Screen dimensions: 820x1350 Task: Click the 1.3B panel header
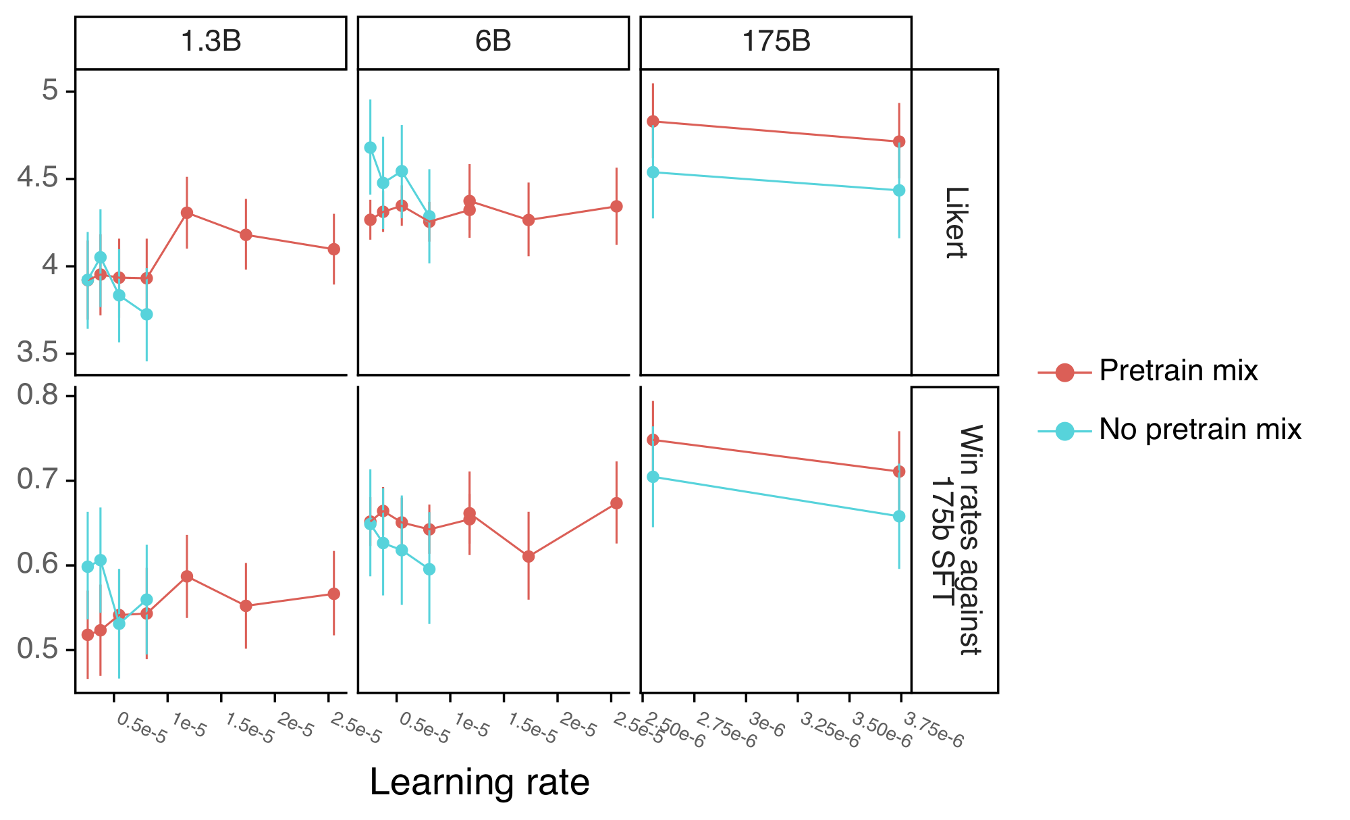pyautogui.click(x=211, y=42)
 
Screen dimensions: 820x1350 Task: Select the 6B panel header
pyautogui.click(x=493, y=42)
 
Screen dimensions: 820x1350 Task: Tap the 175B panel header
pyautogui.click(x=776, y=42)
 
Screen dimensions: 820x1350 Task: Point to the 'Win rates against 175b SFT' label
pyautogui.click(x=955, y=540)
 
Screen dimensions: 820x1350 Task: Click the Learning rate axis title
pyautogui.click(x=479, y=782)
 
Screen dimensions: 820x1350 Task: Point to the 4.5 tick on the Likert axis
pyautogui.click(x=38, y=179)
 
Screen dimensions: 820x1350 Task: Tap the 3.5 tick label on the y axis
pyautogui.click(x=38, y=353)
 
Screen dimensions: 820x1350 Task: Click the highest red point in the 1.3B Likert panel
pyautogui.click(x=187, y=213)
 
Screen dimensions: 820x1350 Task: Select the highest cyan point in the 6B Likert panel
pyautogui.click(x=370, y=147)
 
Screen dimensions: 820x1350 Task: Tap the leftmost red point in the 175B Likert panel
pyautogui.click(x=653, y=122)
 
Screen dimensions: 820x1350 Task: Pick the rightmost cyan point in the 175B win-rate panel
pyautogui.click(x=899, y=516)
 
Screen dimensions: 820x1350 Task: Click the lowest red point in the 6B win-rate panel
pyautogui.click(x=529, y=557)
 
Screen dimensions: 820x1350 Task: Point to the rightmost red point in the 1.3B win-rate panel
pyautogui.click(x=333, y=594)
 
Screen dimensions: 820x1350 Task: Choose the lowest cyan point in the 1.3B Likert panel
pyautogui.click(x=146, y=314)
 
